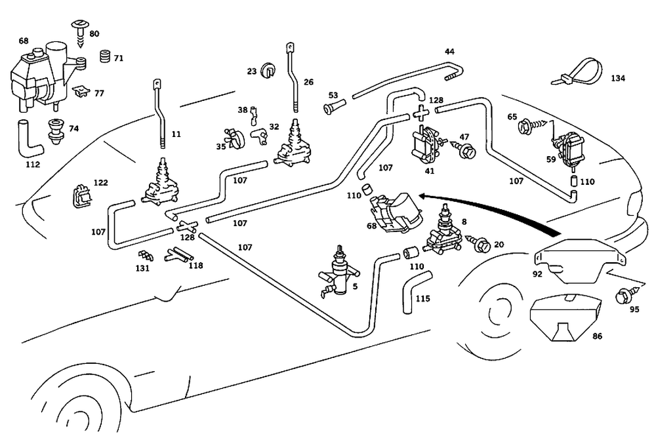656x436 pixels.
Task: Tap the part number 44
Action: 449,51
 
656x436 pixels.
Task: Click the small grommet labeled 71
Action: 103,58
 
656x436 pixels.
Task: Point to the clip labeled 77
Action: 81,91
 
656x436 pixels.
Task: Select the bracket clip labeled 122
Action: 80,195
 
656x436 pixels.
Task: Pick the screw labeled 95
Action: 619,295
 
